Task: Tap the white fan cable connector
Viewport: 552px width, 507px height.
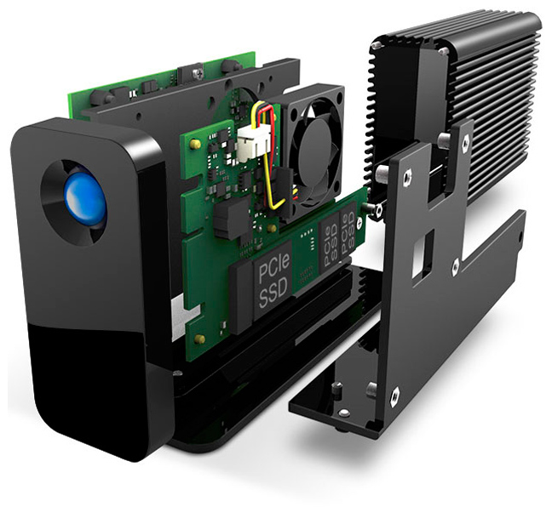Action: [250, 140]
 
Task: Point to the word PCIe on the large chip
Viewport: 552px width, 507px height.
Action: [274, 268]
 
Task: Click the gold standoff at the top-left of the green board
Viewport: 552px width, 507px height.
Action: [193, 143]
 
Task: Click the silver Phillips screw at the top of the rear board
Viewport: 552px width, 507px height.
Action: [196, 72]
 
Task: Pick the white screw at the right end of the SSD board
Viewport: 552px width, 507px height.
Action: [359, 222]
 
